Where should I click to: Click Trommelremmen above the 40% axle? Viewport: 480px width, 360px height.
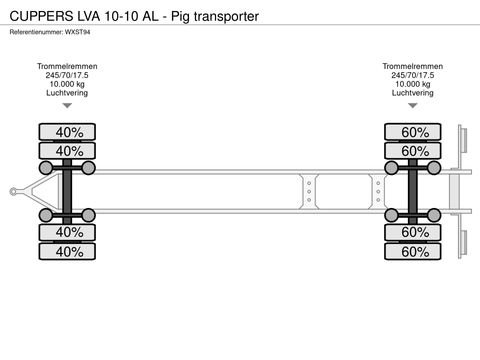pos(67,66)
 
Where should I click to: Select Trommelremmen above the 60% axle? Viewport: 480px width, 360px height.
pos(412,66)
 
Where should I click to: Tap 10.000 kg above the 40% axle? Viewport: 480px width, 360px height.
pos(67,84)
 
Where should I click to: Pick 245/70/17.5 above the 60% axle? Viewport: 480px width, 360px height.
pos(412,75)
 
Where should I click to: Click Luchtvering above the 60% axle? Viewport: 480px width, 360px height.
pos(412,93)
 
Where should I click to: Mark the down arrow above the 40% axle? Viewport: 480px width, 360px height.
pos(67,106)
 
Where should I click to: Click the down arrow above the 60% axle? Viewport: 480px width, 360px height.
pos(412,106)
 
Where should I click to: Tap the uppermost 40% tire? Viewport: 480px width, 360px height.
pos(69,132)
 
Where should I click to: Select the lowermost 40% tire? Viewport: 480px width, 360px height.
pos(69,251)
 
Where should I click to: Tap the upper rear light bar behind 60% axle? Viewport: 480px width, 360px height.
pos(461,146)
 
